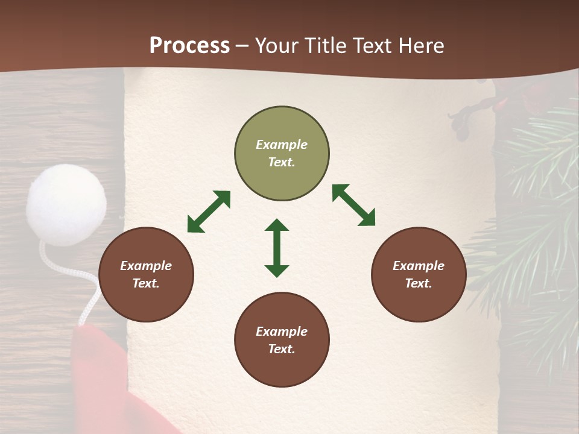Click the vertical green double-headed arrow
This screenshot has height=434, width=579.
(277, 248)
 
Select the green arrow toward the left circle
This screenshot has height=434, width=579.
(209, 212)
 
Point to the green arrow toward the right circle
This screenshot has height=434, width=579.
(353, 205)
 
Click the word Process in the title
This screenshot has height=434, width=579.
(189, 45)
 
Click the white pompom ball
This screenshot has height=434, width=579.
(66, 204)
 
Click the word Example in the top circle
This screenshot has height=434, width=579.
(282, 145)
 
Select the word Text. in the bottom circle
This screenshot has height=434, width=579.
(282, 349)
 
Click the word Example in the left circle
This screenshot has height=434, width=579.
(146, 266)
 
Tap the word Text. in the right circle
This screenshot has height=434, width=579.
(419, 283)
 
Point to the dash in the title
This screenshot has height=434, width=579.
(242, 46)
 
